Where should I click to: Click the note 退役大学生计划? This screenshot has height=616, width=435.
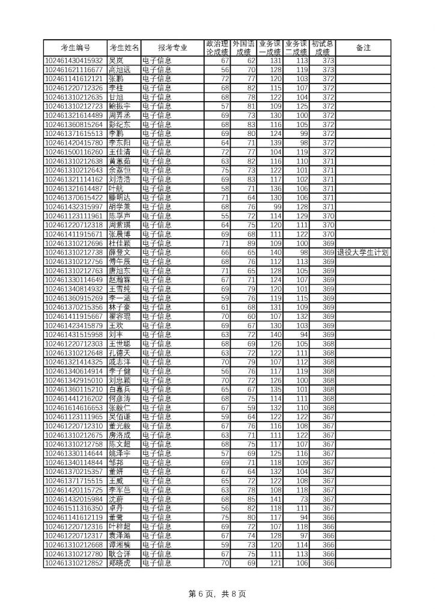coord(363,253)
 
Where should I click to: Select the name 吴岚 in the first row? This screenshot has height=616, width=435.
coord(116,61)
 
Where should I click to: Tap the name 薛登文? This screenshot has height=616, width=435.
coord(119,253)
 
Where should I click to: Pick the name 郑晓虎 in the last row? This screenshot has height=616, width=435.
coord(119,563)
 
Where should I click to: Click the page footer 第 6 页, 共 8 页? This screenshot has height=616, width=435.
coord(218,594)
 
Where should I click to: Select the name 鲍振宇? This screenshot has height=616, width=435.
coord(119,106)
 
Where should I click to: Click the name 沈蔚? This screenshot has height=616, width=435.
coord(116,499)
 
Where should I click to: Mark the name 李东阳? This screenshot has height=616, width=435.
coord(119,143)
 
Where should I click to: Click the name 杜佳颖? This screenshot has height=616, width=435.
coord(119,243)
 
